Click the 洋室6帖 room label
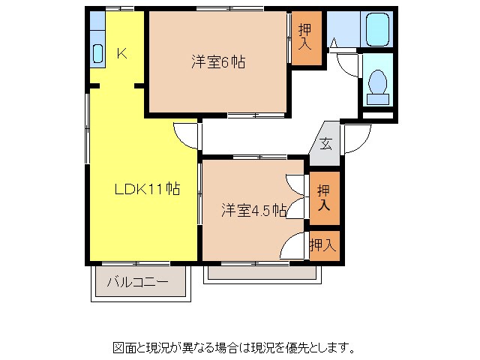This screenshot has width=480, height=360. (x=217, y=63)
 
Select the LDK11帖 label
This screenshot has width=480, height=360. (x=146, y=190)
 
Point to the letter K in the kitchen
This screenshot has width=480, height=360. (x=122, y=53)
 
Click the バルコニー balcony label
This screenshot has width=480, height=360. (x=137, y=283)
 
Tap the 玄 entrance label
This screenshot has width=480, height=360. (x=327, y=142)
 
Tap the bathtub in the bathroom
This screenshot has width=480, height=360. (x=376, y=30)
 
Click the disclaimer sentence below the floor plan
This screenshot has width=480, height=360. (x=233, y=347)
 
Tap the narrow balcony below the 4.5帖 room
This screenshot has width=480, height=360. (x=264, y=273)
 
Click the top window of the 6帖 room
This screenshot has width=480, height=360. (x=217, y=9)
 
